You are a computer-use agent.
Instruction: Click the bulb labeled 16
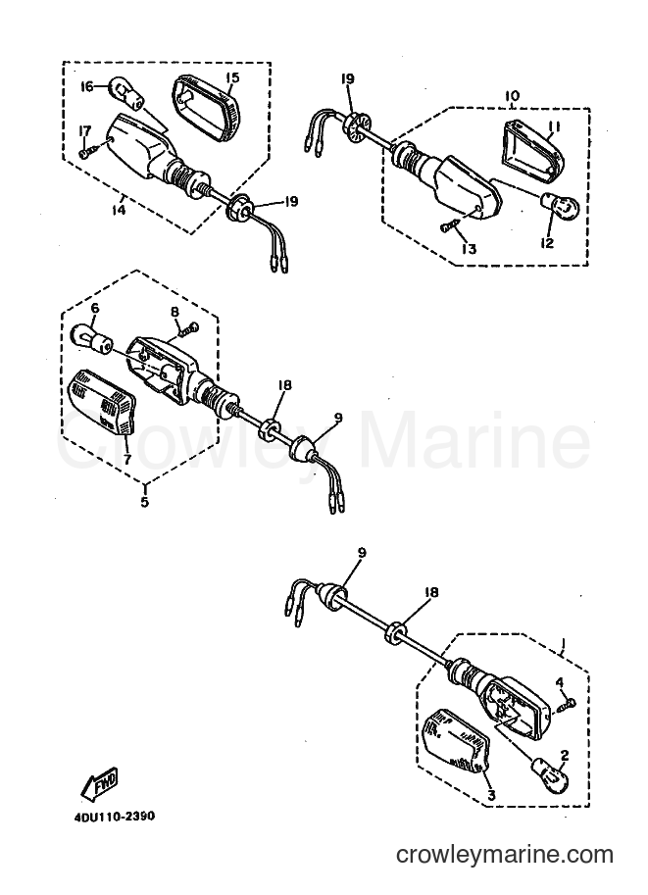(x=125, y=91)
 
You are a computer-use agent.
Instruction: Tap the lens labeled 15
(x=207, y=106)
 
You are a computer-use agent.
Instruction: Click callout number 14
(x=119, y=210)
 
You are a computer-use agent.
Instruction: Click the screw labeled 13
(x=450, y=226)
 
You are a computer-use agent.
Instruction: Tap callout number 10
(x=512, y=95)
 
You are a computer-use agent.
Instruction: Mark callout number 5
(x=144, y=502)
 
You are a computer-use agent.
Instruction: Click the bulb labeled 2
(x=551, y=773)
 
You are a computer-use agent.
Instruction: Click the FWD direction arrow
(x=99, y=783)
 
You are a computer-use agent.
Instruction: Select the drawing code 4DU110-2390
(x=114, y=817)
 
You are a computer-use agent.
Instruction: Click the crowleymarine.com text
(x=505, y=855)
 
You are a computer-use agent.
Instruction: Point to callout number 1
(x=563, y=645)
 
